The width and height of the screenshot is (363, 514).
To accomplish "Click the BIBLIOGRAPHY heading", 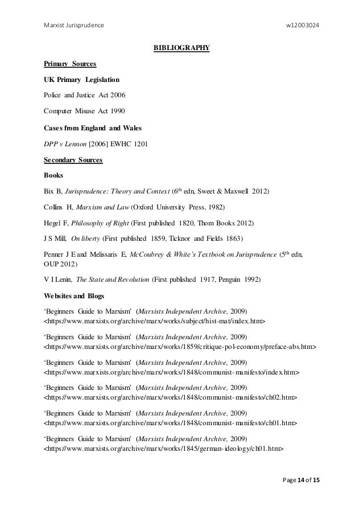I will click(x=181, y=47).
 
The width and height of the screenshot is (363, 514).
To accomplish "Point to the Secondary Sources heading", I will click(x=73, y=161).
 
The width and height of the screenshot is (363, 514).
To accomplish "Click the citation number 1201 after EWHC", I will click(x=140, y=144).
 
